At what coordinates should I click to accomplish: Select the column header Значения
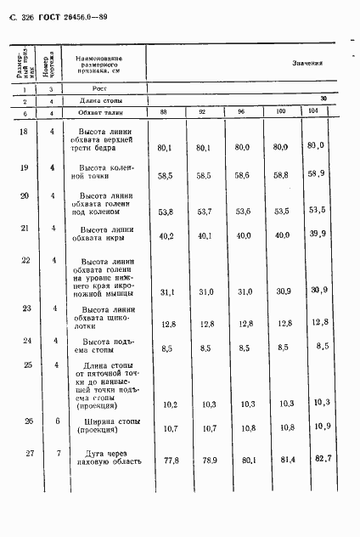[x=307, y=63]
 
